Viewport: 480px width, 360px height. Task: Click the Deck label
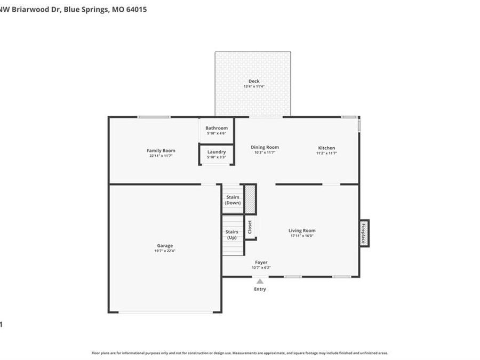click(x=254, y=81)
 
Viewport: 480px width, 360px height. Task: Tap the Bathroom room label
click(x=217, y=128)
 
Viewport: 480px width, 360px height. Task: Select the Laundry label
click(x=217, y=152)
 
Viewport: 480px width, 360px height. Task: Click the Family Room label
click(x=161, y=150)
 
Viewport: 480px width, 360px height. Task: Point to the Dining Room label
click(x=265, y=147)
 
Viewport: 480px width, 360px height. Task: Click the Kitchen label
click(x=326, y=148)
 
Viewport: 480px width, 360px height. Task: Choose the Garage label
click(x=165, y=245)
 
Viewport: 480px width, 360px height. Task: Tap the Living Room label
click(x=302, y=230)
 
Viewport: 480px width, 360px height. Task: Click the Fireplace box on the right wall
click(x=364, y=233)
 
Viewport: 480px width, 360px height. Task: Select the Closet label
click(x=250, y=227)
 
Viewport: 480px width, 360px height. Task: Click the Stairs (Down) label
click(x=233, y=200)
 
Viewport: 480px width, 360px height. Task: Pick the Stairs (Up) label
click(x=232, y=235)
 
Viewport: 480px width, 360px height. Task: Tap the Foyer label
click(x=261, y=262)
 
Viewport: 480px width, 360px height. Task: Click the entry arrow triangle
click(x=260, y=281)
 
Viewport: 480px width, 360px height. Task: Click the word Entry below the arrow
click(x=260, y=289)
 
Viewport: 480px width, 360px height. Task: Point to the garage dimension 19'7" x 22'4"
click(x=165, y=251)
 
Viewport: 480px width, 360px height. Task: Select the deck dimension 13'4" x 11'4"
click(x=254, y=86)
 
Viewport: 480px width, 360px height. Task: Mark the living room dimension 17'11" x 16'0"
click(x=302, y=236)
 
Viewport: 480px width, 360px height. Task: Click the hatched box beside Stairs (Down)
click(x=250, y=199)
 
